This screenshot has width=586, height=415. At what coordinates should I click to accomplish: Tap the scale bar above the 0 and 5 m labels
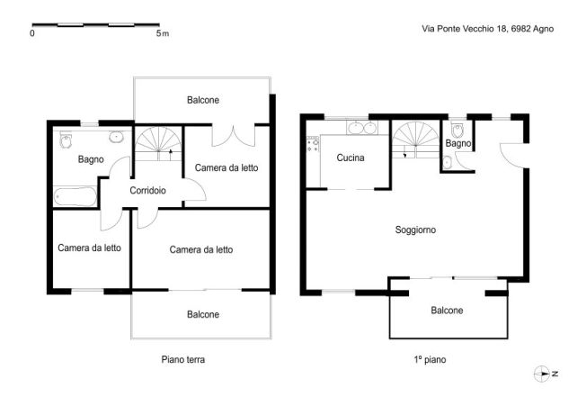(x=95, y=24)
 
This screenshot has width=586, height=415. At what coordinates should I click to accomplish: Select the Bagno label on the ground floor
(x=91, y=159)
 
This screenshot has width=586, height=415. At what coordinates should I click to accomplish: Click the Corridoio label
(x=147, y=191)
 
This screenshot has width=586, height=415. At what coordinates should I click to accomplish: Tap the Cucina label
(x=350, y=158)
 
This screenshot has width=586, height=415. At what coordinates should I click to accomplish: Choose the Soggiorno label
(x=415, y=230)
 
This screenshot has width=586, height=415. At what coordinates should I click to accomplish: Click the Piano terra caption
(x=183, y=359)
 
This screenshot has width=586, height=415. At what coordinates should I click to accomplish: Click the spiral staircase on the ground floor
(x=158, y=143)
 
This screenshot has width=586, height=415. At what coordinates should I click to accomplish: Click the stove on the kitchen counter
(x=314, y=144)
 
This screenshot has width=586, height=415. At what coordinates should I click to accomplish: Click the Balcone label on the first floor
(x=447, y=311)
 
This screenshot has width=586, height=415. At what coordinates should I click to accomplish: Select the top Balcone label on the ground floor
(x=203, y=100)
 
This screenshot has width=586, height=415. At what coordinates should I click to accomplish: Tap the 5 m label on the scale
(x=162, y=33)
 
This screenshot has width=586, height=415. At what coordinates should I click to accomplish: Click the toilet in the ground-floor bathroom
(x=65, y=142)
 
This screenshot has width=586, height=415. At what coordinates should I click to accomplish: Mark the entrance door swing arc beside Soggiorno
(x=513, y=155)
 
